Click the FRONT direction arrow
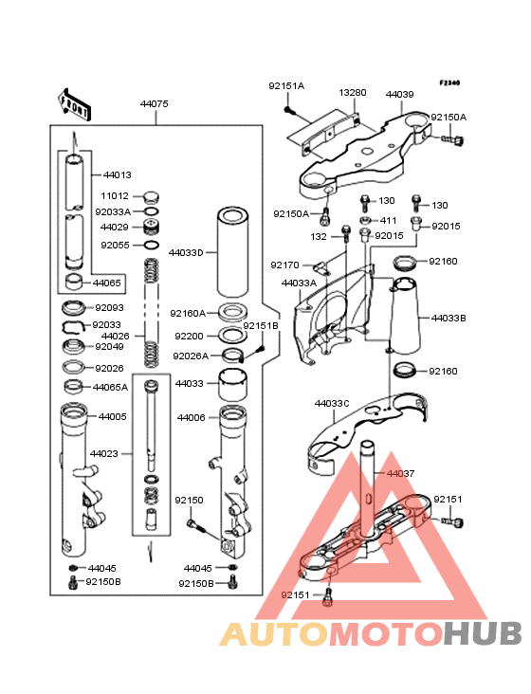coord(74,104)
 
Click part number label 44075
coord(154,104)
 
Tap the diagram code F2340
coord(449,82)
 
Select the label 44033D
coord(186,253)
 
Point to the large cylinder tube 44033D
coord(232,252)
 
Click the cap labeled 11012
coord(152,197)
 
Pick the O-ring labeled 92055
coord(152,245)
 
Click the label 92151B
coord(261,326)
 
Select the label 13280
coord(353,93)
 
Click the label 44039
coord(399,94)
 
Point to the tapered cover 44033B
coord(405,316)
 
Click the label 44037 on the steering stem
coord(400,474)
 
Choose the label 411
coord(389,220)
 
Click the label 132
coord(319,237)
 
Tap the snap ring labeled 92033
coord(73,327)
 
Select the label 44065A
coord(110,388)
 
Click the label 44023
coord(104,454)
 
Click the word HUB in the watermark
coord(484,633)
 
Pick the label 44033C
coord(332,404)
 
